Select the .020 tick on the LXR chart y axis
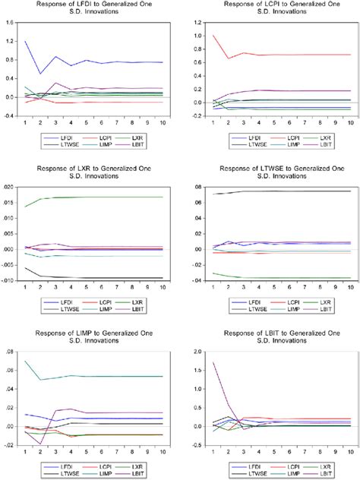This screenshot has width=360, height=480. coord(8,186)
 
